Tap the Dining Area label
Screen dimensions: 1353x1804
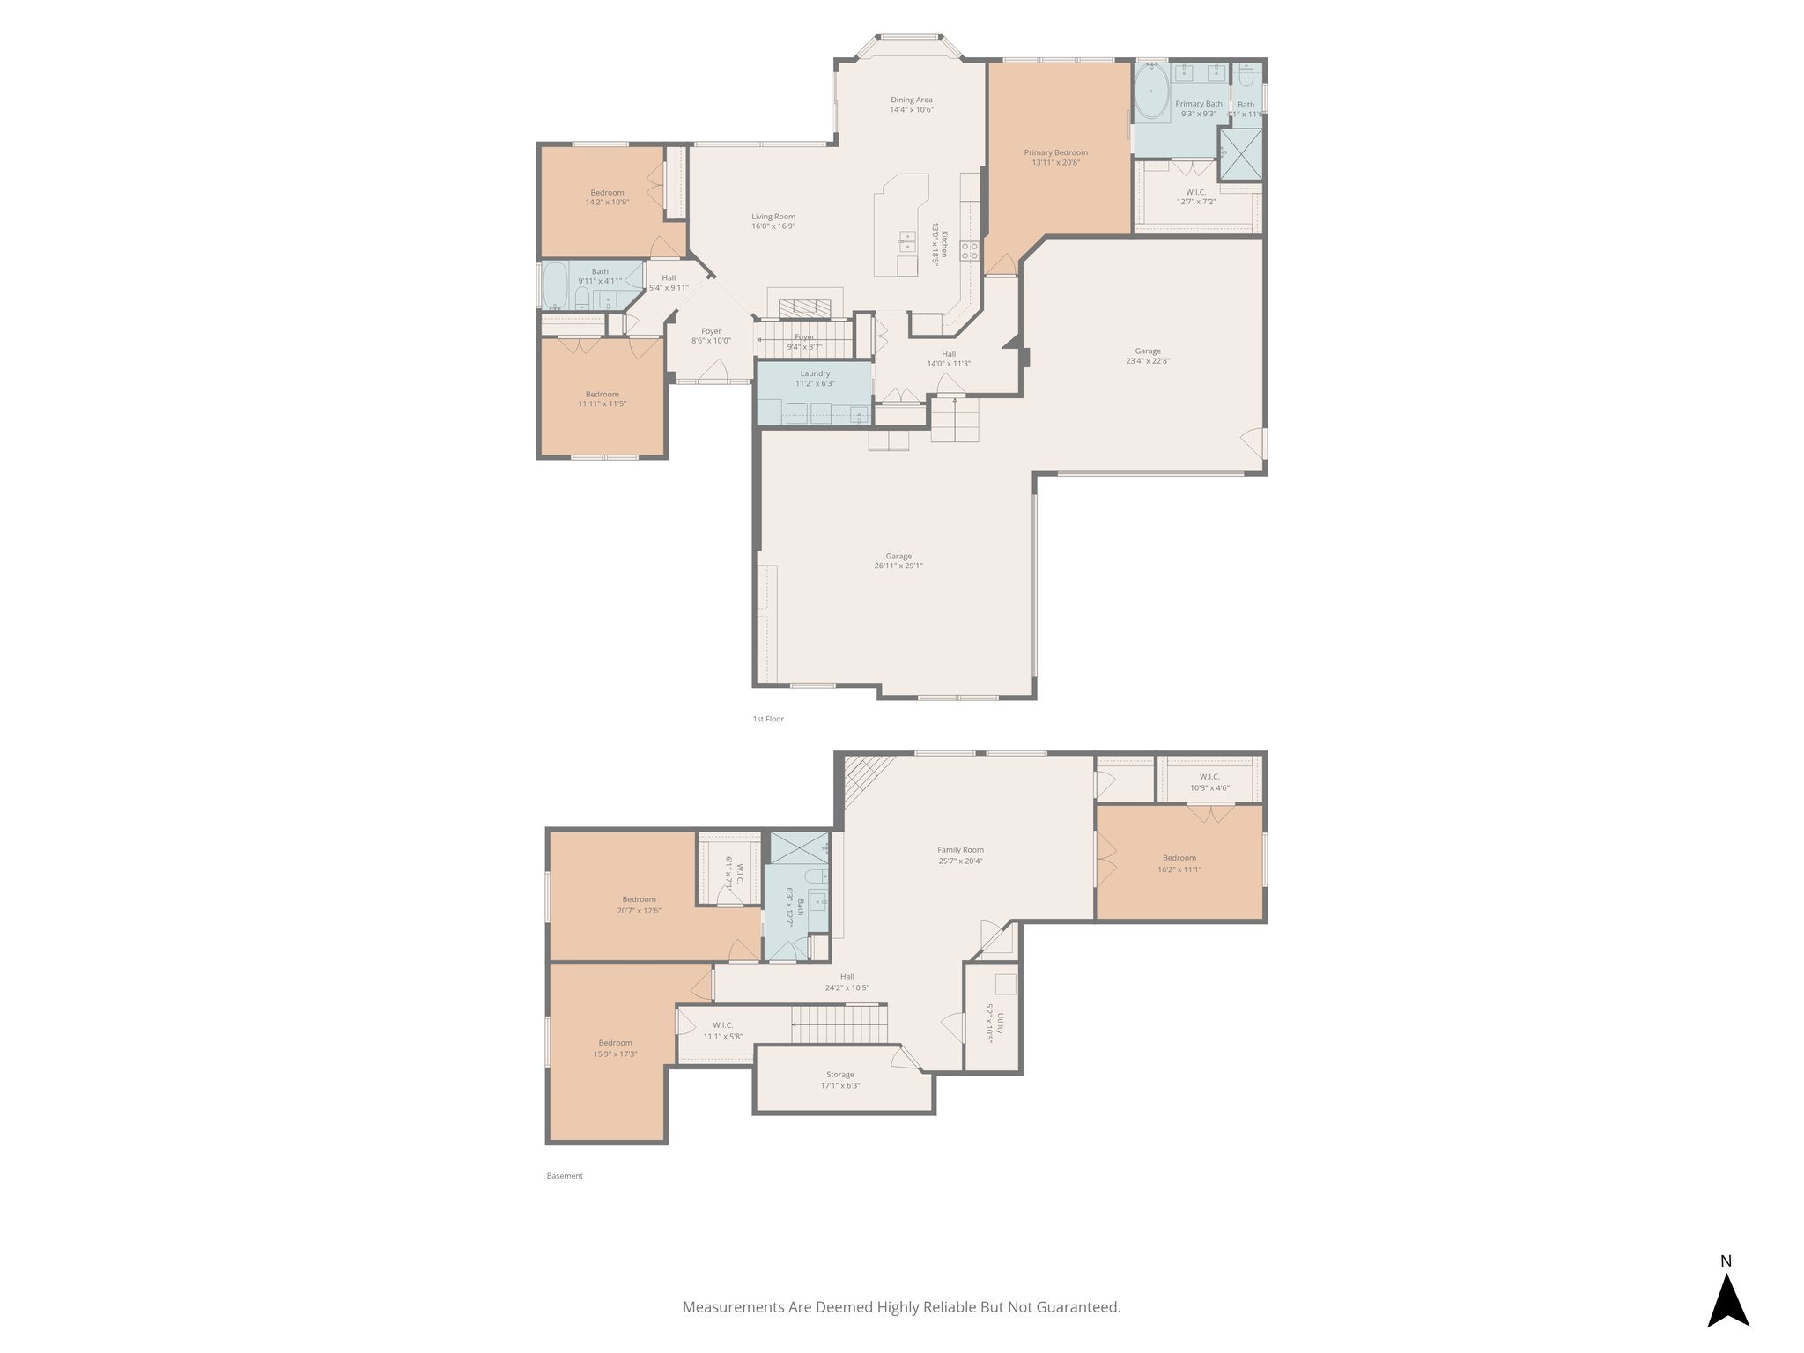pos(911,100)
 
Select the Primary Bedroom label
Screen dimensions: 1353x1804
pos(1055,152)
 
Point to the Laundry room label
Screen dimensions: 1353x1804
pos(815,373)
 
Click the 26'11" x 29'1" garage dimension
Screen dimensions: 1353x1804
pos(898,566)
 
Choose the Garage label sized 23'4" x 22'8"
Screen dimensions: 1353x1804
pos(1148,351)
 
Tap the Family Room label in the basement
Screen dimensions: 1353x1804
pos(960,850)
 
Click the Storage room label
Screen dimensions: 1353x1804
pos(839,1075)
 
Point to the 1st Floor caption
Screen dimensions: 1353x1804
pos(768,719)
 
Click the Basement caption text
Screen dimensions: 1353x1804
pos(565,1175)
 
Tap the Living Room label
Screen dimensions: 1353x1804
pos(773,217)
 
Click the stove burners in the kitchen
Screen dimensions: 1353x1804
pos(969,250)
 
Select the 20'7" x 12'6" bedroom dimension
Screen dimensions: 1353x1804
pos(639,911)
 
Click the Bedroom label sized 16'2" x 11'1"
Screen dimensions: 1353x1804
pos(1179,858)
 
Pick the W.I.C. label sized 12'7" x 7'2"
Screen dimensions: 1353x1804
pos(1196,192)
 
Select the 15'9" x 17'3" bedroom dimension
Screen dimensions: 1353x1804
pos(616,1054)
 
